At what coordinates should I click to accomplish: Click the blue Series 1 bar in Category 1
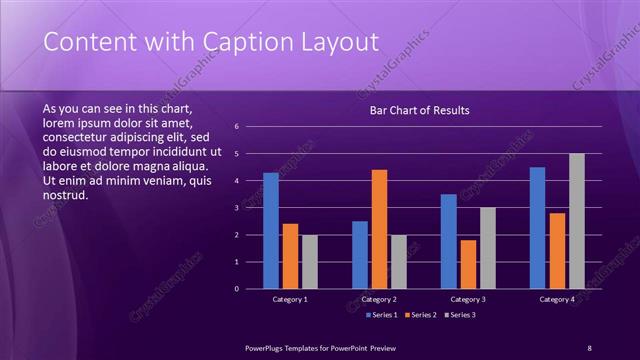(x=271, y=231)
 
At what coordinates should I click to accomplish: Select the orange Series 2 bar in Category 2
(x=379, y=229)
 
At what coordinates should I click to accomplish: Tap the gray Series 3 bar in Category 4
(x=577, y=221)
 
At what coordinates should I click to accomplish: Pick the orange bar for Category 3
(x=468, y=264)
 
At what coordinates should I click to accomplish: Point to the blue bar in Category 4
(x=538, y=228)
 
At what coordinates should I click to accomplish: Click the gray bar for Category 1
(x=310, y=262)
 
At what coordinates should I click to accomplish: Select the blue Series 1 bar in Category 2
(x=360, y=255)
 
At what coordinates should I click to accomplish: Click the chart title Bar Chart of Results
(x=419, y=110)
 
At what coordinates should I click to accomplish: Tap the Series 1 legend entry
(x=382, y=315)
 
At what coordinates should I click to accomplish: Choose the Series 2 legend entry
(x=420, y=315)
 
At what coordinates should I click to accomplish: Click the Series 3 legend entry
(x=459, y=315)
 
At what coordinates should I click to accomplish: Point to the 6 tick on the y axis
(x=236, y=127)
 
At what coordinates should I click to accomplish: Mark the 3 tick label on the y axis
(x=236, y=208)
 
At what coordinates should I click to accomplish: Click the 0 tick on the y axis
(x=236, y=289)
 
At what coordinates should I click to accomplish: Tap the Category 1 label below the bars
(x=290, y=299)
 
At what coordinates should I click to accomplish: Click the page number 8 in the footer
(x=589, y=347)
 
